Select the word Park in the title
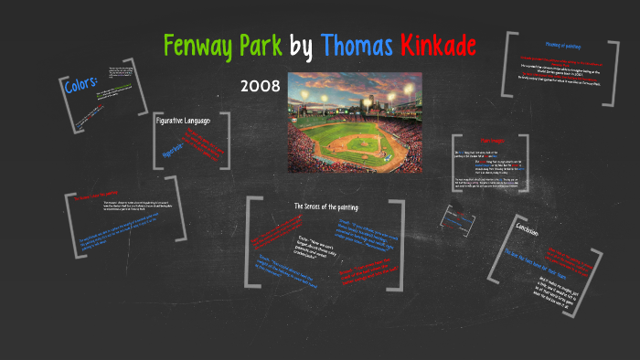point(259,45)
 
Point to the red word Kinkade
point(441,45)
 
